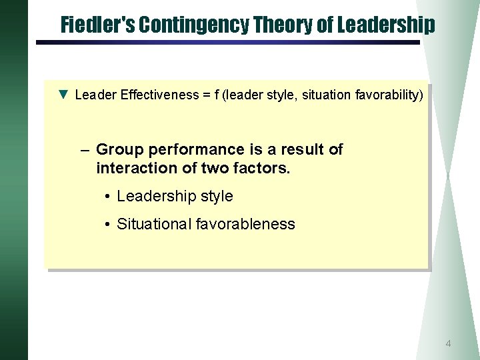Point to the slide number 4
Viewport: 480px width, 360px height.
(448, 344)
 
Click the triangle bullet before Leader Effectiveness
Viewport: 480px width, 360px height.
(63, 95)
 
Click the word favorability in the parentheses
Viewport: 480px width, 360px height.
(387, 95)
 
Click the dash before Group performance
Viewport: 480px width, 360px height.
(85, 149)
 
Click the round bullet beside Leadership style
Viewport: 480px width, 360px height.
(107, 197)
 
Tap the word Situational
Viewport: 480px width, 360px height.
(154, 224)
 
